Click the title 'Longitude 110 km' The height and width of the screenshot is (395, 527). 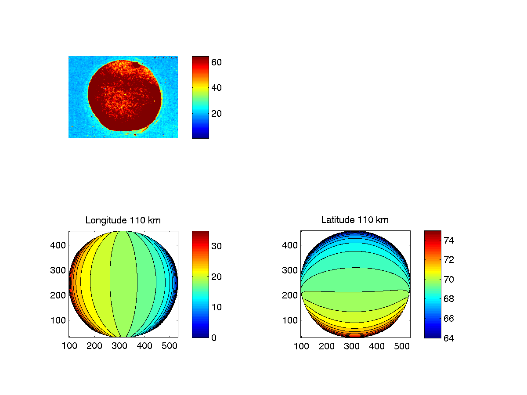pyautogui.click(x=123, y=220)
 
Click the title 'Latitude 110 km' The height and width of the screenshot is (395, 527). pyautogui.click(x=355, y=220)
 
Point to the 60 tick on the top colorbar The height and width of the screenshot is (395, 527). pyautogui.click(x=217, y=62)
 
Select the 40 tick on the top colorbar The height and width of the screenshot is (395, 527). pyautogui.click(x=217, y=88)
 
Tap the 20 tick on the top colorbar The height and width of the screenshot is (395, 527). pyautogui.click(x=217, y=113)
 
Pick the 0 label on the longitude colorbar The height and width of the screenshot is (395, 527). pyautogui.click(x=214, y=338)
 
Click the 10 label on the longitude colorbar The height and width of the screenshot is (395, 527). pyautogui.click(x=217, y=307)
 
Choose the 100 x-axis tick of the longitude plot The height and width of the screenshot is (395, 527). pyautogui.click(x=69, y=346)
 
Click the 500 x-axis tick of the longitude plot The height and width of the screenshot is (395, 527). pyautogui.click(x=170, y=346)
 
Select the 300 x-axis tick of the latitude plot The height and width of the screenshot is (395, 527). pyautogui.click(x=352, y=346)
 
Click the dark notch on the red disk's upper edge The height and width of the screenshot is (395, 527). pyautogui.click(x=137, y=64)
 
